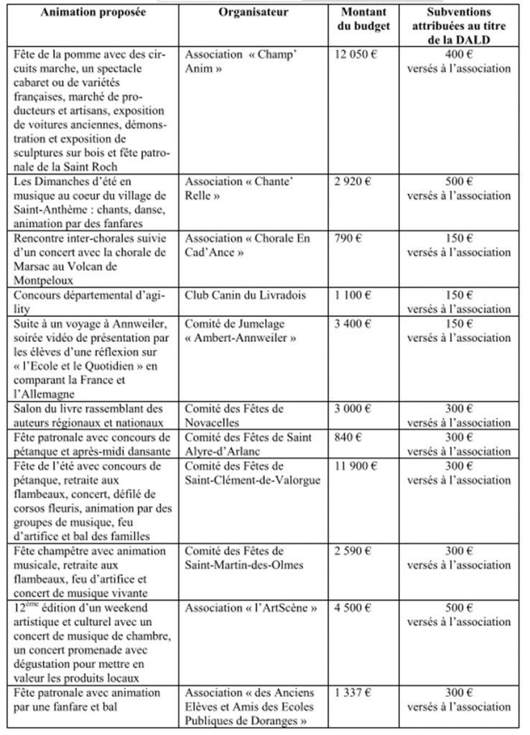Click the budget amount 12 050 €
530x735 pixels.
[x=355, y=55]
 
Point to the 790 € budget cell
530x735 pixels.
[x=348, y=238]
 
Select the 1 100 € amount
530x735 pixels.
[x=352, y=294]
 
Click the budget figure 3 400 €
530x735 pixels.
[x=353, y=323]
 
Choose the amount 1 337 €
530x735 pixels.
[x=353, y=692]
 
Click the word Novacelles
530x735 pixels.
[x=215, y=422]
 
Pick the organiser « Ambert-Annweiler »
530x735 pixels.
[x=236, y=337]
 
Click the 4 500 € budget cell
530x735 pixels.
[x=353, y=607]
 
